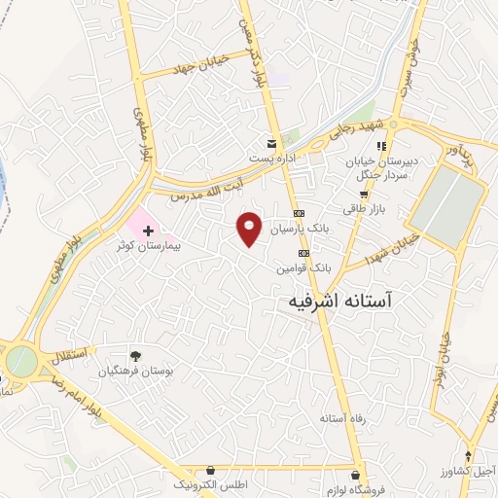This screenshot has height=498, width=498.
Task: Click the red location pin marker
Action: click(251, 228)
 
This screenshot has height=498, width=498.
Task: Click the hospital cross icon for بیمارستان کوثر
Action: click(148, 231)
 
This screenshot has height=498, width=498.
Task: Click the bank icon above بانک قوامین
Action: click(302, 252)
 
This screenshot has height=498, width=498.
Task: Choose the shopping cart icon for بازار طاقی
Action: click(362, 194)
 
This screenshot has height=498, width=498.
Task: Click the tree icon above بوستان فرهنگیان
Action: click(135, 356)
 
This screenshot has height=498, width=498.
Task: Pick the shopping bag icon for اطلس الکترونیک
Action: click(210, 470)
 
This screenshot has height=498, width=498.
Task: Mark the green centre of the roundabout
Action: click(20, 362)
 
